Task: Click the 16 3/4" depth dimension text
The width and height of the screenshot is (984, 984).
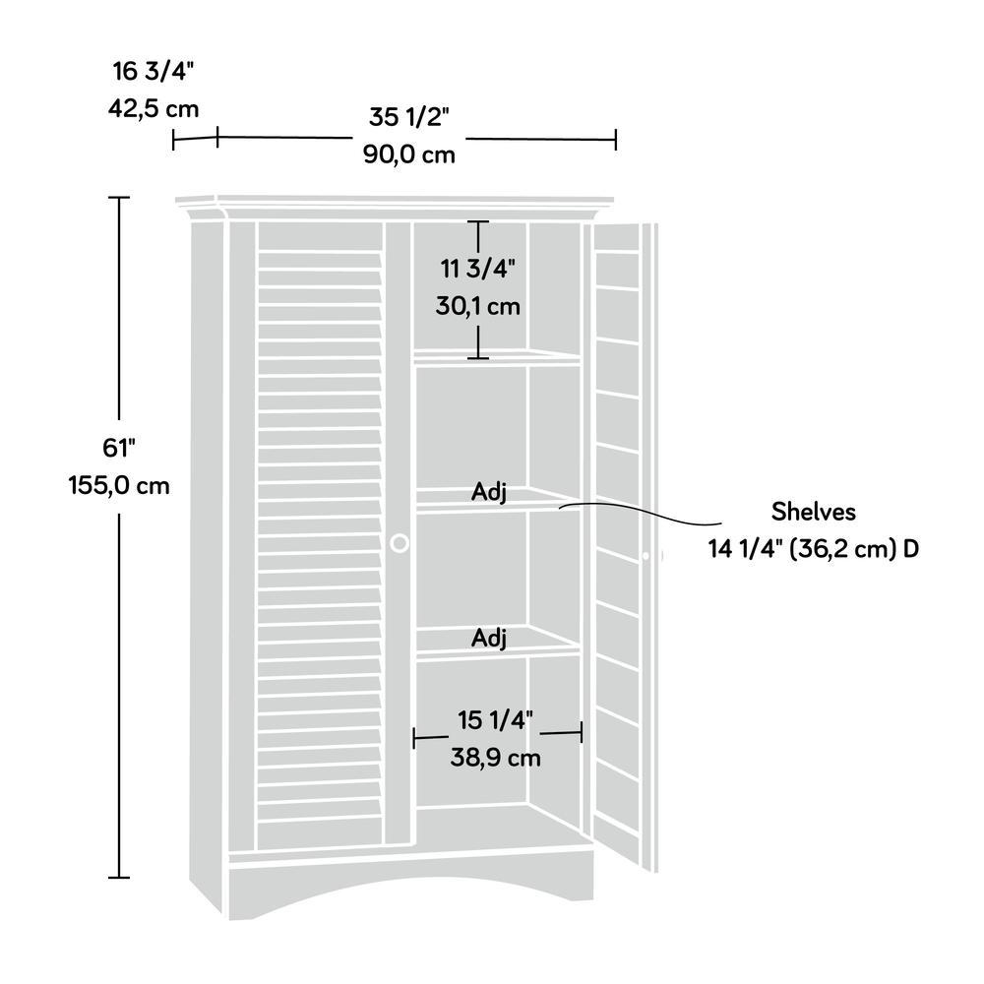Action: (x=154, y=72)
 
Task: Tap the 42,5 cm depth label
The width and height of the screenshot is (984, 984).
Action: (x=154, y=108)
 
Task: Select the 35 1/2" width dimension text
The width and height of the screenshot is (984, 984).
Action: (x=409, y=117)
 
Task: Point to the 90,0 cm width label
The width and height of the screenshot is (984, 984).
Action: (x=409, y=154)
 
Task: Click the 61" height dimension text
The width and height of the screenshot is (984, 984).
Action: (x=119, y=448)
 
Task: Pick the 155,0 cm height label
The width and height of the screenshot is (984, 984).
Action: (x=119, y=485)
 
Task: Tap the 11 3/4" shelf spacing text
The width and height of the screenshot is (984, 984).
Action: (x=477, y=269)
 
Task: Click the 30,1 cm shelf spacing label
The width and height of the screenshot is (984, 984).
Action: (x=477, y=306)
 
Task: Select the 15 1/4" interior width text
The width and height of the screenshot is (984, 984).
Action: (x=495, y=720)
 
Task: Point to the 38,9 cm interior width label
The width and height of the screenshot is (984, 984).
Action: (x=495, y=758)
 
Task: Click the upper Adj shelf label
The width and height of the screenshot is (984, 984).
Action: (x=489, y=492)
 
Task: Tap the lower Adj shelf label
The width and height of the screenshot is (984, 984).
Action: (x=489, y=639)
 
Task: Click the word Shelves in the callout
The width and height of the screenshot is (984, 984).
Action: (x=814, y=512)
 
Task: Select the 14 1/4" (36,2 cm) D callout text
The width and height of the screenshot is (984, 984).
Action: (x=814, y=549)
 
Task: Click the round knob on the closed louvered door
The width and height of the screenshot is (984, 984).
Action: (x=400, y=543)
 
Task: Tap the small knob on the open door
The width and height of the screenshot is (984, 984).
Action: (x=646, y=556)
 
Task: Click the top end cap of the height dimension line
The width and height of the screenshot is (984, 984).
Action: (x=119, y=198)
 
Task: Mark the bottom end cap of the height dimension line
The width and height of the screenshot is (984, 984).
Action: (x=119, y=877)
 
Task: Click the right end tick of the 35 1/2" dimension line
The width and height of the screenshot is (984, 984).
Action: (x=616, y=140)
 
